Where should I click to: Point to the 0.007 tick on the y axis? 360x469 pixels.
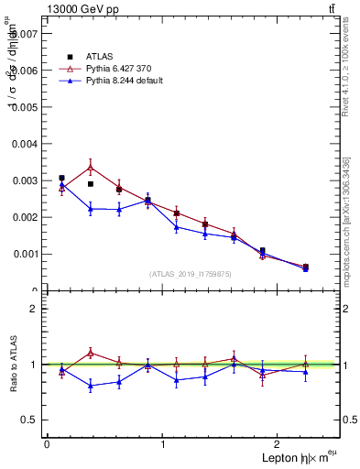[25, 33]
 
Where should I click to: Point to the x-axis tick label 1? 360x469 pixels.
[163, 444]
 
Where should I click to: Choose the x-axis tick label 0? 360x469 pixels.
[47, 444]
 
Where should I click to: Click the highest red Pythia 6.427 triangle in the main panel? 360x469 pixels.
[90, 167]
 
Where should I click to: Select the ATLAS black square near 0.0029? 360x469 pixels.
[90, 184]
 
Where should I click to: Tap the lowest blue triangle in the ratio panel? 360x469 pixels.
[90, 386]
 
